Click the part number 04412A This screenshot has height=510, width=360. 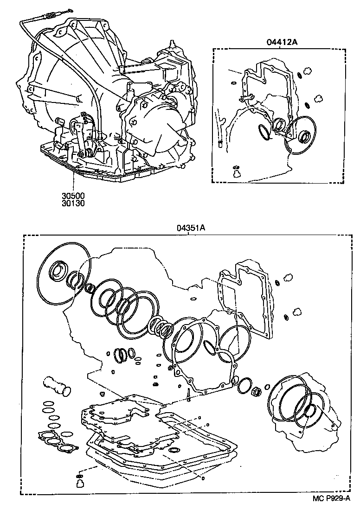pos(282,43)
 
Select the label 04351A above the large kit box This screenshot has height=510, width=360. pos(190,228)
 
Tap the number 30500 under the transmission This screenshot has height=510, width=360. pos(75,195)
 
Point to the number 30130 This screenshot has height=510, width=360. pos(75,203)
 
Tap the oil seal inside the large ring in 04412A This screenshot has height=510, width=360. pos(305,136)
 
